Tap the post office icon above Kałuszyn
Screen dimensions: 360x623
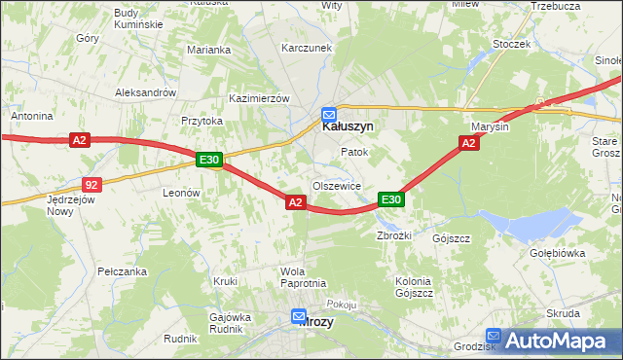pyautogui.click(x=329, y=112)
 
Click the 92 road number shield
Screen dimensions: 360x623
pyautogui.click(x=92, y=183)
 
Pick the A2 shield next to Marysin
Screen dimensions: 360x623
pyautogui.click(x=468, y=143)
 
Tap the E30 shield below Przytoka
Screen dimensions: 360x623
pyautogui.click(x=208, y=160)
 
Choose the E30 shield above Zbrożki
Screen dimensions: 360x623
pyautogui.click(x=390, y=199)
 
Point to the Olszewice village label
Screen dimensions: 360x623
pyautogui.click(x=337, y=185)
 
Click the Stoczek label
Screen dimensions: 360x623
pyautogui.click(x=511, y=44)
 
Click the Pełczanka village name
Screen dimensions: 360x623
pyautogui.click(x=122, y=271)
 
